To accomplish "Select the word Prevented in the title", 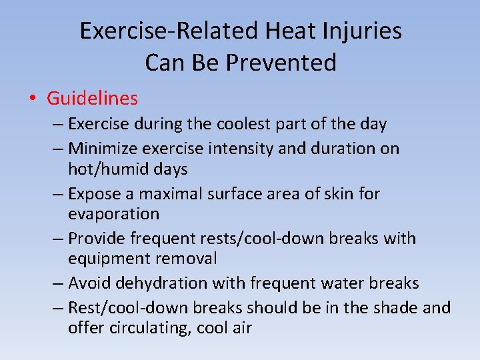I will (282, 63).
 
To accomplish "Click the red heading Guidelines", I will (92, 99).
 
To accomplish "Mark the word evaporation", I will (113, 215).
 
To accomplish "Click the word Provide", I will (96, 238).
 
